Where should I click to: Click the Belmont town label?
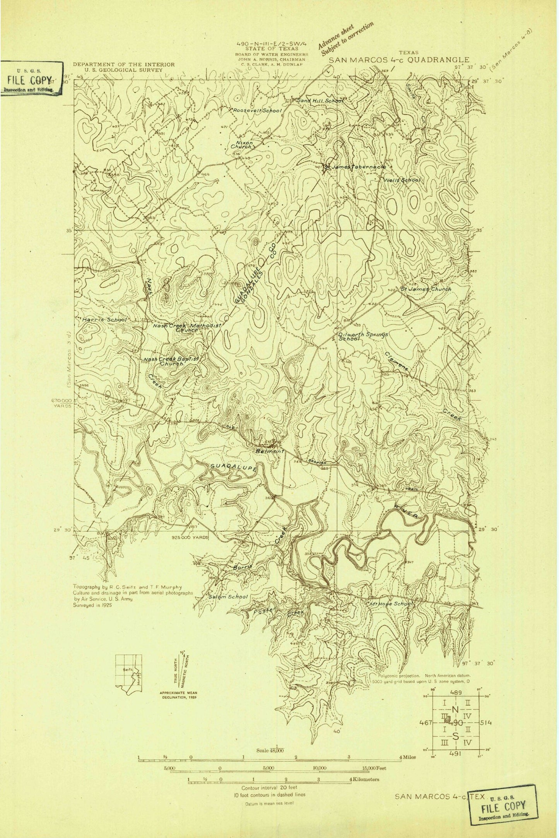click(x=270, y=451)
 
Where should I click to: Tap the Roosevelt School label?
click(x=257, y=111)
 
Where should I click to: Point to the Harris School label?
click(x=104, y=320)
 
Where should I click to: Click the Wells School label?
click(x=402, y=180)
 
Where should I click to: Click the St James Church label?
click(x=426, y=289)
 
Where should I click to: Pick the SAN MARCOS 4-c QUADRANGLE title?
click(x=399, y=60)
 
